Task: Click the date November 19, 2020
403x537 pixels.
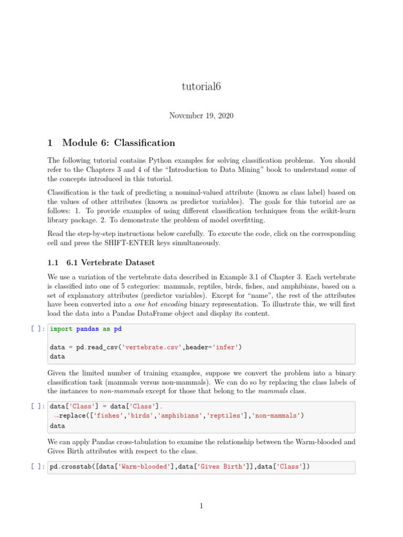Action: pos(201,115)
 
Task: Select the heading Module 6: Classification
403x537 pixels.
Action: pos(119,143)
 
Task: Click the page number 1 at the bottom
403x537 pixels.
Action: pos(201,506)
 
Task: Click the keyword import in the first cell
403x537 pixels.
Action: pos(61,329)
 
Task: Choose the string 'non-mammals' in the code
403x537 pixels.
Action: pos(277,415)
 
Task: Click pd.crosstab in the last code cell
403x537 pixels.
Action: pos(69,467)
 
